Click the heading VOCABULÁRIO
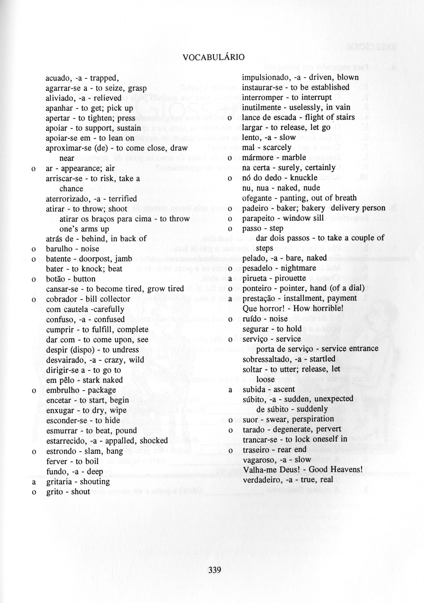click(x=213, y=57)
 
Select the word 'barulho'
click(x=59, y=249)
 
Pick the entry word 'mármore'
click(x=255, y=158)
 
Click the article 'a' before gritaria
click(x=34, y=482)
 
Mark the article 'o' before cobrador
click(x=34, y=299)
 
